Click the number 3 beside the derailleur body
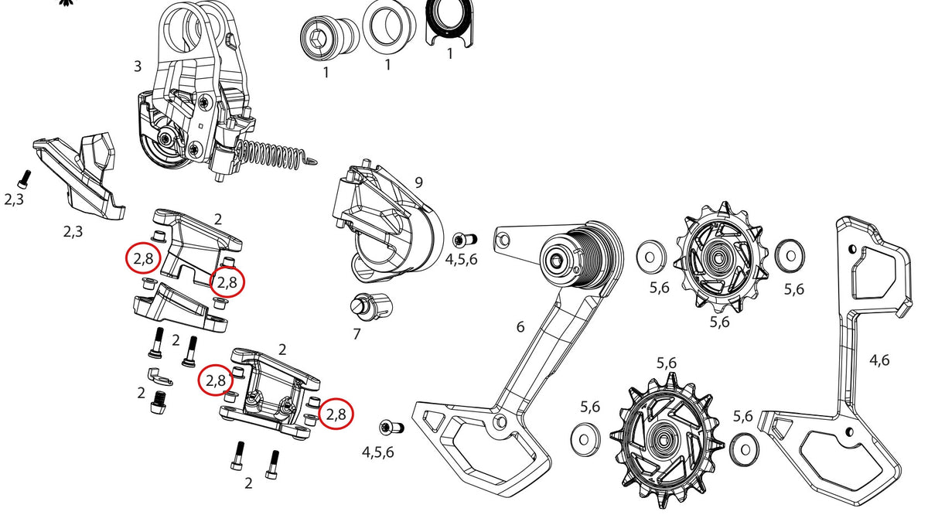tap(138, 67)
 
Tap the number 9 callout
tap(419, 182)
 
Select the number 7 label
tap(357, 334)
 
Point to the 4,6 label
tap(879, 360)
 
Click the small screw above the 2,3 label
tap(25, 179)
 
